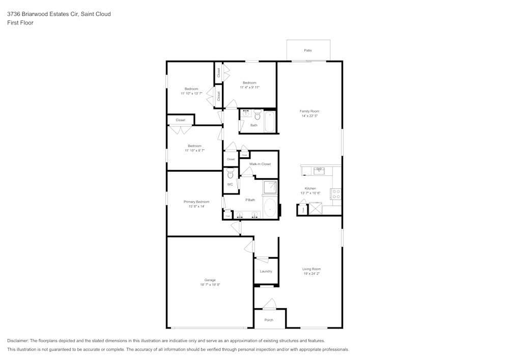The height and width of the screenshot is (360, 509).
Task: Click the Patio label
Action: [308, 50]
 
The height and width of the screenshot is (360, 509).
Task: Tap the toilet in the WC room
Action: [230, 174]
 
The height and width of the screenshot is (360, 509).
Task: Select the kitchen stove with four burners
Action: [336, 194]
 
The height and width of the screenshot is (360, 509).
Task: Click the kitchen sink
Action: [319, 171]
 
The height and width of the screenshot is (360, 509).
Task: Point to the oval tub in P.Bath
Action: [270, 208]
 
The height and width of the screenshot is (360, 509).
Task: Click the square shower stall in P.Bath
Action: [270, 188]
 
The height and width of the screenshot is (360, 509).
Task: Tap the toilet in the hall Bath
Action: [258, 115]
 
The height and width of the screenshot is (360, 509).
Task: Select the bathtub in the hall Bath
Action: [270, 122]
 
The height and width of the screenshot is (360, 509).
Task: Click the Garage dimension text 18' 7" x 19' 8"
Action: [210, 285]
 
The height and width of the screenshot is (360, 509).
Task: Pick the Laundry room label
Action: [266, 271]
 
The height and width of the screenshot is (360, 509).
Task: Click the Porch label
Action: [269, 320]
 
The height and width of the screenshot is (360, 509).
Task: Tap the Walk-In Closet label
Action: [260, 164]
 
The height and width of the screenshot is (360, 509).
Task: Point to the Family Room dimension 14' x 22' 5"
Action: [309, 116]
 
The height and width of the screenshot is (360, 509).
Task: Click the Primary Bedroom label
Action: [196, 202]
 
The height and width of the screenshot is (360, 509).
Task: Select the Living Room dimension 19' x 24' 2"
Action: [312, 274]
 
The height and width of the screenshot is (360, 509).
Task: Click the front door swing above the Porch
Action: [269, 304]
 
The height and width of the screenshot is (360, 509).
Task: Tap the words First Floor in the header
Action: [20, 23]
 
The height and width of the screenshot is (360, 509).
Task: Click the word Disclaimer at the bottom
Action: [18, 341]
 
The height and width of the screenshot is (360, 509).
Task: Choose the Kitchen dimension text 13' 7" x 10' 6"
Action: [310, 193]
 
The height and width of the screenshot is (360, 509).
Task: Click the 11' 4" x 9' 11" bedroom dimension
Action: [250, 88]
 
